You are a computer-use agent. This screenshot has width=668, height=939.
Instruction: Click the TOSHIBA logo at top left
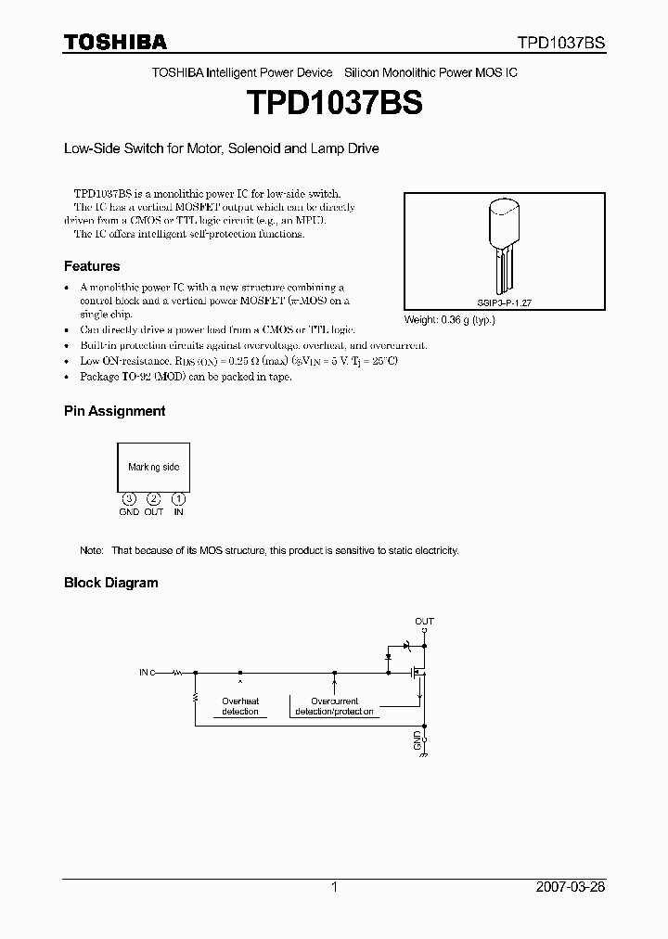pos(115,42)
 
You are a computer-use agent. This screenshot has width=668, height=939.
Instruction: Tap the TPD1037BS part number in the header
pos(561,43)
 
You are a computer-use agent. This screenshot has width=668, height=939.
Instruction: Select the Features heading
pos(92,265)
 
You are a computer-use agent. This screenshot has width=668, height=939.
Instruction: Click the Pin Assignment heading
pos(114,410)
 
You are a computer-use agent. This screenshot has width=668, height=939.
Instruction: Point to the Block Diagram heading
pos(110,583)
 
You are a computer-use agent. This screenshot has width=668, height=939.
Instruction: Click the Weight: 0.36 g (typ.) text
pos(450,320)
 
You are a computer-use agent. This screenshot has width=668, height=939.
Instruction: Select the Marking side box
pos(154,467)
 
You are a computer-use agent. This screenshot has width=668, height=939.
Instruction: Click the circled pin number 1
pos(178,499)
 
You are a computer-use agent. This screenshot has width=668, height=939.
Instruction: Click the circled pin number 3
pos(129,499)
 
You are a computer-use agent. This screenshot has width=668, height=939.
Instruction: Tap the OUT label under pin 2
pos(154,512)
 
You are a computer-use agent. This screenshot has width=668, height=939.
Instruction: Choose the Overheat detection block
pos(240,706)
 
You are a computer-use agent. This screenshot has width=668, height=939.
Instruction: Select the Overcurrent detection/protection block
pos(334,706)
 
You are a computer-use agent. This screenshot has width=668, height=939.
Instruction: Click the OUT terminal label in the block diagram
pos(424,621)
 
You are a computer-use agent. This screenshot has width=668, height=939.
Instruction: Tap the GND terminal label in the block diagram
pos(417,740)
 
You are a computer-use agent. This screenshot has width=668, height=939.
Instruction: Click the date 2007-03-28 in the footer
pos(571,887)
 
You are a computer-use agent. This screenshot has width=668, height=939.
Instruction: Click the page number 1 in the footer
pos(334,887)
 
